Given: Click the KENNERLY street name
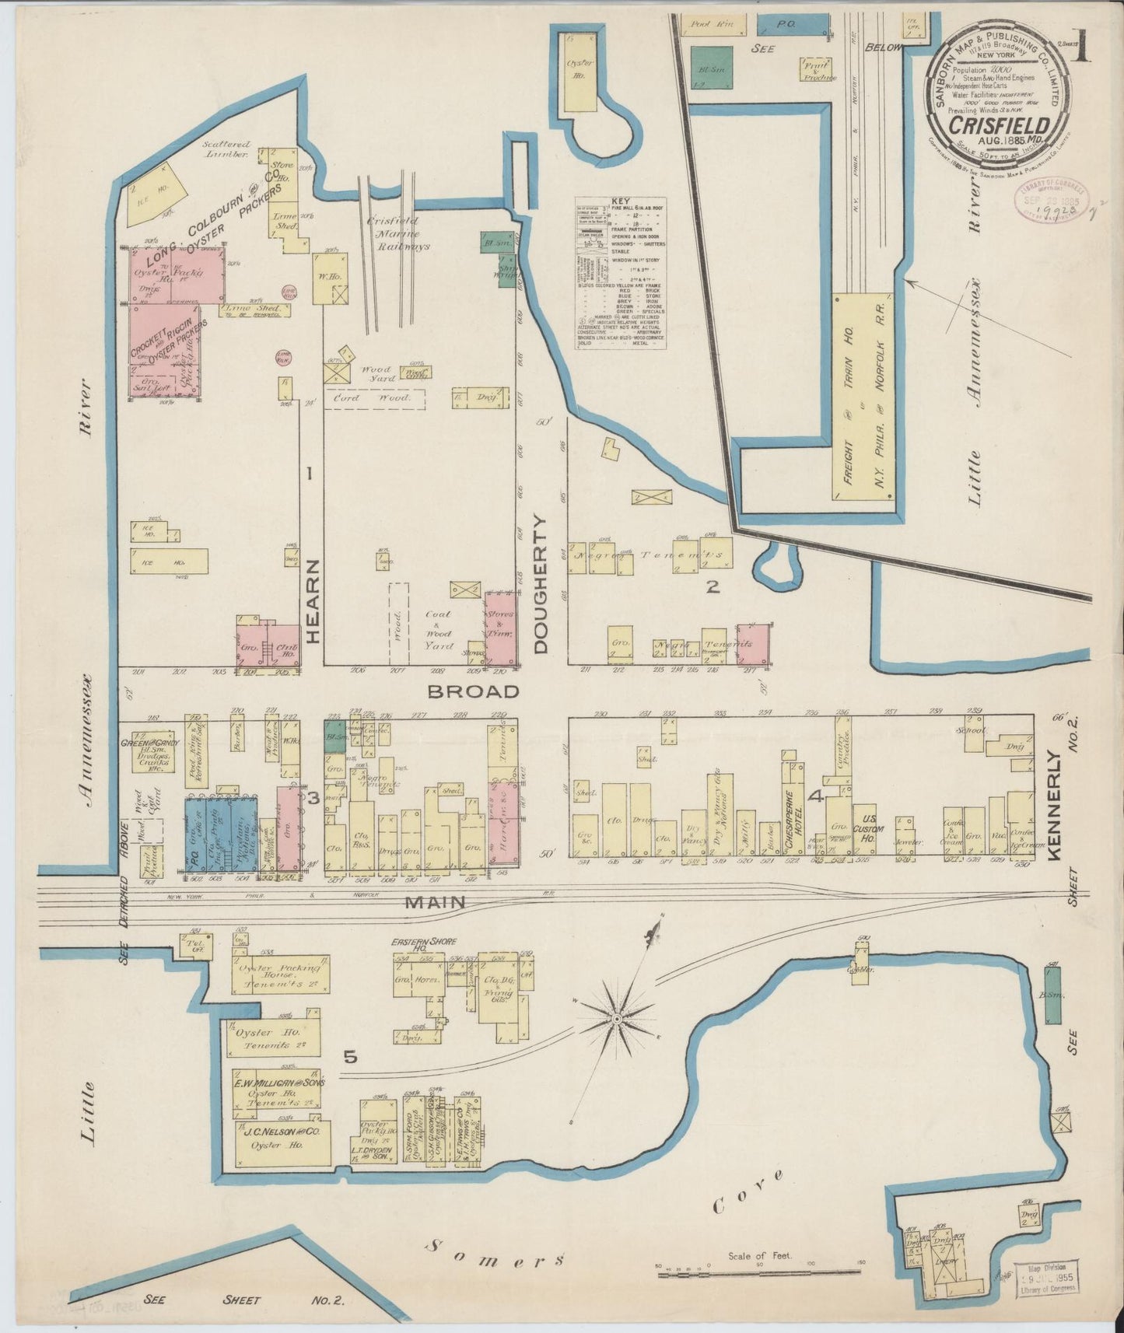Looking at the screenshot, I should pyautogui.click(x=1054, y=805).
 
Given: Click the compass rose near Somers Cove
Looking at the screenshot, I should pyautogui.click(x=615, y=1016).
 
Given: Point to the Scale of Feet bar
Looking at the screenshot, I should pyautogui.click(x=759, y=1273).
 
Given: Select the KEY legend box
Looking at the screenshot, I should pyautogui.click(x=620, y=272).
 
